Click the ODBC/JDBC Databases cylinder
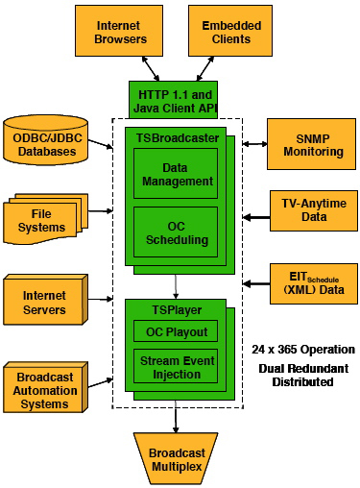pyautogui.click(x=45, y=139)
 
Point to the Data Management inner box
pyautogui.click(x=175, y=174)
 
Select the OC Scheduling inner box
pyautogui.click(x=175, y=232)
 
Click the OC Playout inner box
pyautogui.click(x=175, y=330)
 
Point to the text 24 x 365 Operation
pyautogui.click(x=302, y=350)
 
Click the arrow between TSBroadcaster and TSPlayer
pyautogui.click(x=175, y=284)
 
